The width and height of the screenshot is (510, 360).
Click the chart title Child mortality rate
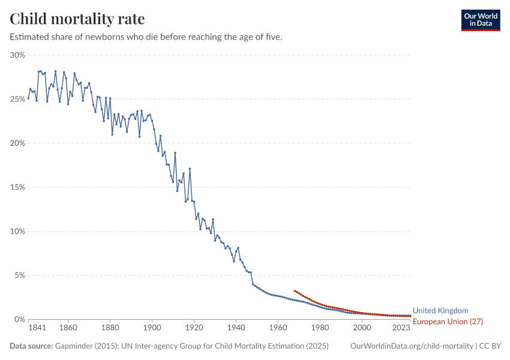[77, 19]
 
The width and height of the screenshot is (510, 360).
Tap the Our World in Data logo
[480, 20]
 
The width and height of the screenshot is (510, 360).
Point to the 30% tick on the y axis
[17, 55]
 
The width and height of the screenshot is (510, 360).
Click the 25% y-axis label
[17, 99]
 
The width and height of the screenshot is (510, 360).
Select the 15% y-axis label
[17, 187]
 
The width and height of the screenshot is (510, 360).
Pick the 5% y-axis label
[19, 275]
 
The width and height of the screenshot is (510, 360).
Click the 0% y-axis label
[19, 319]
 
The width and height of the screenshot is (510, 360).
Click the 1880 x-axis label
[110, 328]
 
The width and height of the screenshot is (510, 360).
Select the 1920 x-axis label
[194, 328]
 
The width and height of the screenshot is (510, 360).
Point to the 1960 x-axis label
[278, 328]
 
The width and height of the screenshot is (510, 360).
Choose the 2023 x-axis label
[401, 328]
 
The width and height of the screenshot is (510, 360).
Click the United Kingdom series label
[440, 311]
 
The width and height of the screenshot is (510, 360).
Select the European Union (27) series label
[448, 322]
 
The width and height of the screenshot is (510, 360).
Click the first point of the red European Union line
[295, 291]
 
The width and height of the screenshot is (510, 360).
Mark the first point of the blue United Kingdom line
[28, 98]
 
